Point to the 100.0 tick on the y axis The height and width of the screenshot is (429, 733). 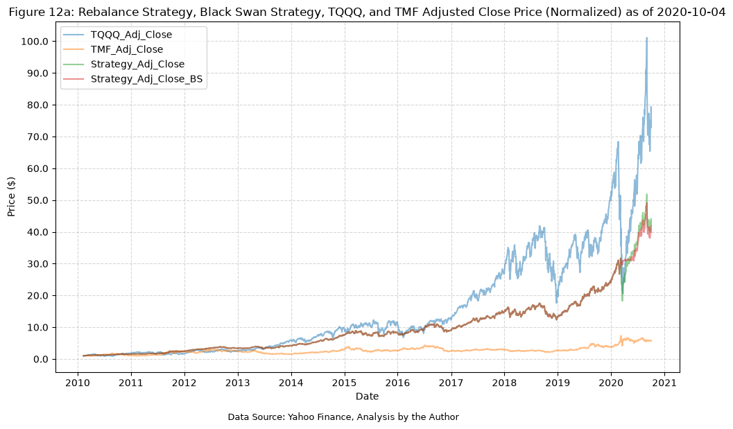pyautogui.click(x=35, y=42)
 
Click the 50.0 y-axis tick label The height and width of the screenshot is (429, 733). pyautogui.click(x=37, y=200)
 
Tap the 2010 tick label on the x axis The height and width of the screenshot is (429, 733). pyautogui.click(x=78, y=383)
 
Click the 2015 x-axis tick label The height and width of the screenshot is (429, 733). pyautogui.click(x=345, y=383)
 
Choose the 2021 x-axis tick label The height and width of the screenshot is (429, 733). pyautogui.click(x=664, y=383)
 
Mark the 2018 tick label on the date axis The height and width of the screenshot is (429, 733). pyautogui.click(x=504, y=383)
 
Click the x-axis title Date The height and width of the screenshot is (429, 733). pyautogui.click(x=367, y=396)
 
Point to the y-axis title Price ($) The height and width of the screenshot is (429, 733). pyautogui.click(x=12, y=197)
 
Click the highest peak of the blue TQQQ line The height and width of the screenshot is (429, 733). pyautogui.click(x=646, y=38)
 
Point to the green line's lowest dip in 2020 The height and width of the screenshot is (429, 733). pyautogui.click(x=622, y=300)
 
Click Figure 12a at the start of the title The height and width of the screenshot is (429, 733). pyautogui.click(x=41, y=12)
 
